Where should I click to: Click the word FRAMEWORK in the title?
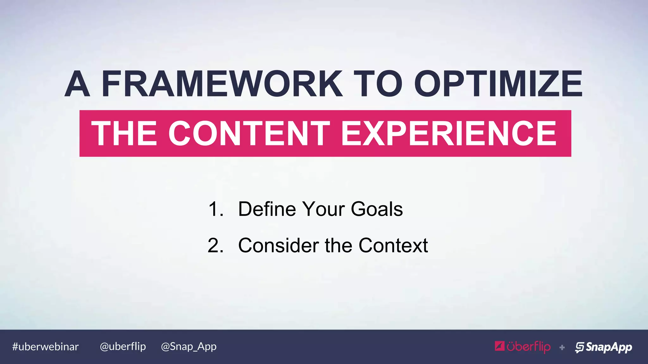tap(221, 84)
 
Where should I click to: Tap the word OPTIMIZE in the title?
tap(498, 84)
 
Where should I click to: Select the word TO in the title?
tap(377, 84)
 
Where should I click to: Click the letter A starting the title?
tap(77, 84)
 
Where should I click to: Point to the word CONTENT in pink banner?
tap(249, 133)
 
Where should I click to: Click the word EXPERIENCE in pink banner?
tap(449, 133)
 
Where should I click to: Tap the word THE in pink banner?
tap(124, 133)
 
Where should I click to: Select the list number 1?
tap(215, 209)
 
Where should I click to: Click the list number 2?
tap(215, 246)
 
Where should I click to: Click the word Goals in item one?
tap(377, 209)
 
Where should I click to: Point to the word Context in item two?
tap(393, 246)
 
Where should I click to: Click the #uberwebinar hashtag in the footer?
tap(45, 347)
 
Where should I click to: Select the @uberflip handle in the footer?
tap(123, 347)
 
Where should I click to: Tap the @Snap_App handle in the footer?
tap(189, 347)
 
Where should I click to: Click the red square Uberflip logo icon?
tap(500, 346)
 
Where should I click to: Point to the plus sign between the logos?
tap(562, 348)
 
